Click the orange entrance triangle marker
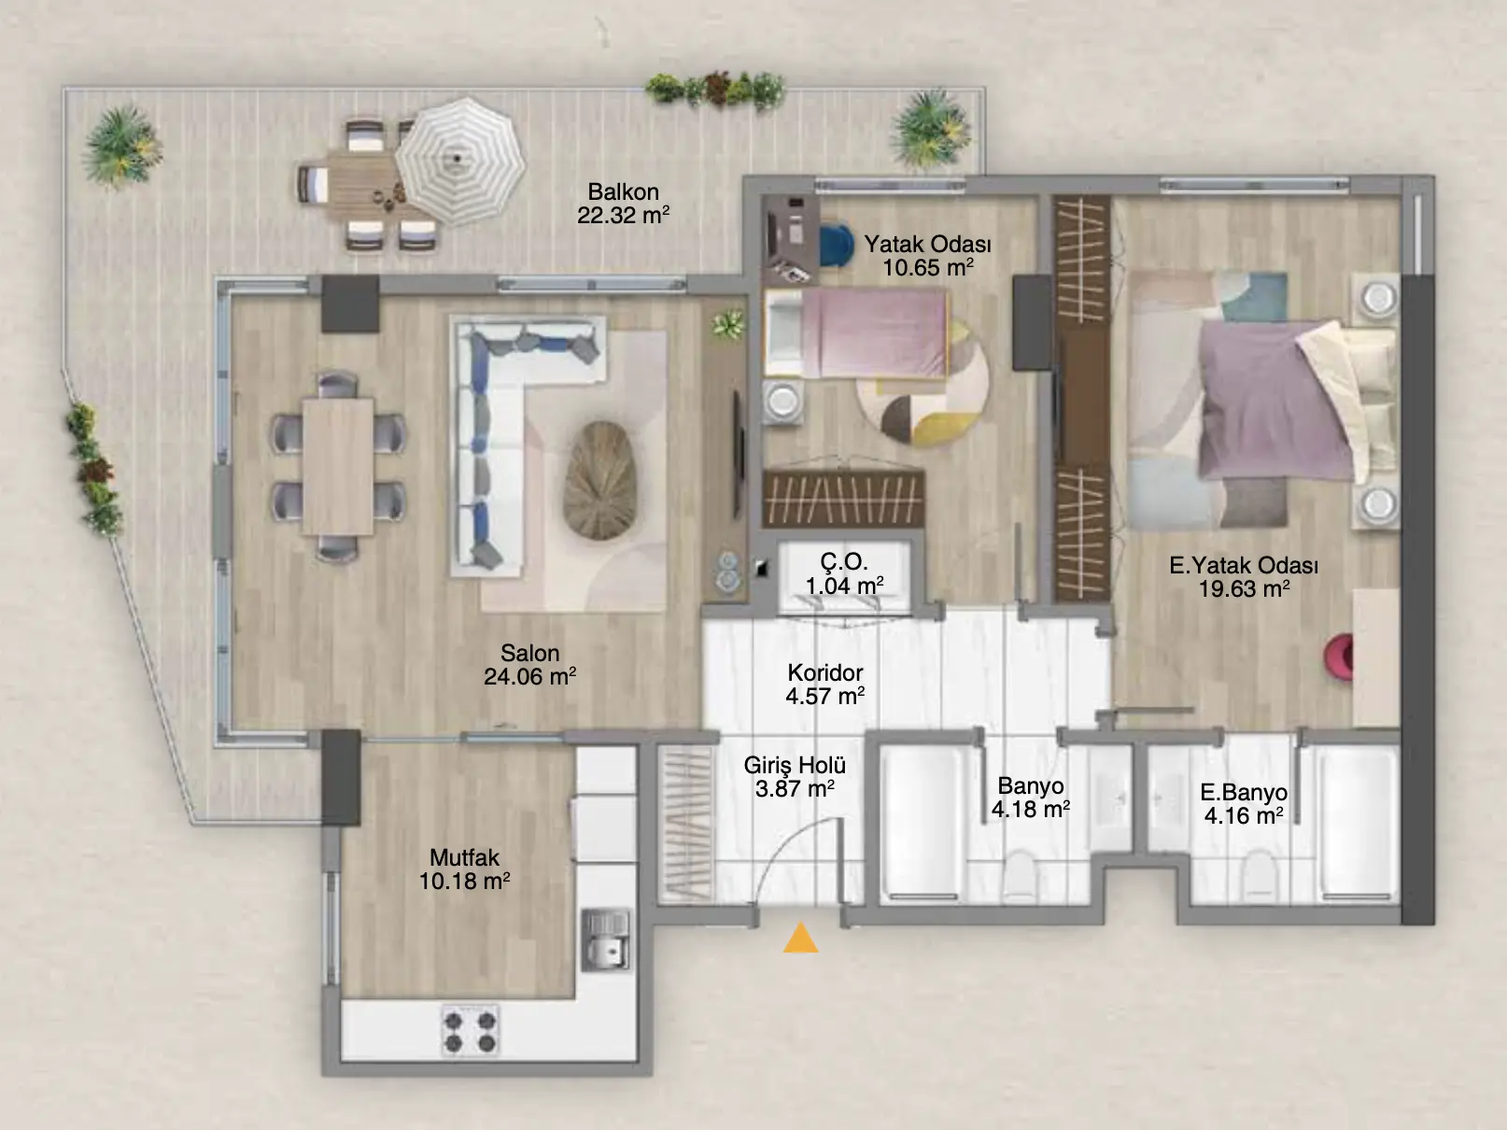click(x=800, y=939)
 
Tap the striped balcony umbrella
click(x=460, y=162)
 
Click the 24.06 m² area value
click(x=529, y=677)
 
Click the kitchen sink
click(x=605, y=939)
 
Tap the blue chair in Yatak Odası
click(x=834, y=245)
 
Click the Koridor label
click(x=824, y=672)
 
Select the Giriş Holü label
click(x=795, y=766)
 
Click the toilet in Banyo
click(x=1019, y=874)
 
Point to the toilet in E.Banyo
click(x=1260, y=874)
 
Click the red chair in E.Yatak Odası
click(x=1338, y=658)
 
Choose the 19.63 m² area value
click(x=1244, y=589)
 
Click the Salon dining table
click(x=338, y=467)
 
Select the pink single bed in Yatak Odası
click(x=857, y=333)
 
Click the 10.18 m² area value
click(x=464, y=881)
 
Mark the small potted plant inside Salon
click(x=728, y=323)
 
